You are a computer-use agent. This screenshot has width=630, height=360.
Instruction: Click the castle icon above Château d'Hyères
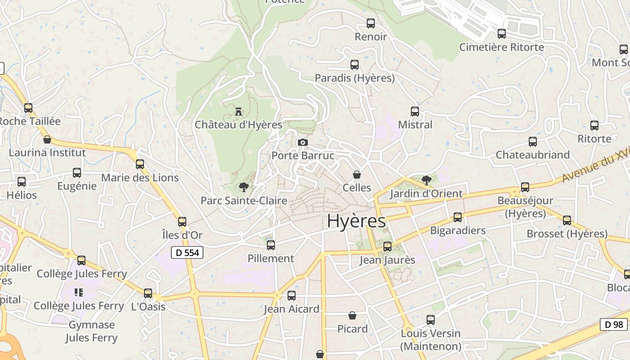238,111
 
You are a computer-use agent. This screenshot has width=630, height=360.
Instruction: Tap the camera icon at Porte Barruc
303,142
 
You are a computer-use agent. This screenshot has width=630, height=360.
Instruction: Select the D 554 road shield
187,252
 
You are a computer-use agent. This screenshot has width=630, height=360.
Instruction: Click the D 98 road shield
614,324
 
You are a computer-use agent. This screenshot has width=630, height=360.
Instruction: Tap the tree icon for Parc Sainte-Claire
243,186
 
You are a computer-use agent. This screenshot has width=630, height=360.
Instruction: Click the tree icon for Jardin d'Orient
426,180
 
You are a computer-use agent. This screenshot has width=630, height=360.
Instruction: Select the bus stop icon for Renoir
371,23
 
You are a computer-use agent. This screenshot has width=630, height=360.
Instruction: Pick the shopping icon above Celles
357,174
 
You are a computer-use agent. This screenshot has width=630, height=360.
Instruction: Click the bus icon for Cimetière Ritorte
502,33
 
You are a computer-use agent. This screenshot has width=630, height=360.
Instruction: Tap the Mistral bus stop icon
415,111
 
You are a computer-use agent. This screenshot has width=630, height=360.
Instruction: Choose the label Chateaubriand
532,155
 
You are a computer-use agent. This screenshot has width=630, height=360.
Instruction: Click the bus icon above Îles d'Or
182,221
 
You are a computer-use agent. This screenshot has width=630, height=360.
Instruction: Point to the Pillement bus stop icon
271,245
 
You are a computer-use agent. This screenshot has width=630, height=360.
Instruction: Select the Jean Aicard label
292,309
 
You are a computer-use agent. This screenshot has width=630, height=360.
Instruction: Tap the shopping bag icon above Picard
352,315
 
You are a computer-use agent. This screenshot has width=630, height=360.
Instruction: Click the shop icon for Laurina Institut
47,139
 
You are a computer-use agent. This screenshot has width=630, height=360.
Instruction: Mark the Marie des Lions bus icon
140,164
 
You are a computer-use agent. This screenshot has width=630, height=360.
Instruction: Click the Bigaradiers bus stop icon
458,217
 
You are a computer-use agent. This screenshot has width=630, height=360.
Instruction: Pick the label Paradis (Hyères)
355,78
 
